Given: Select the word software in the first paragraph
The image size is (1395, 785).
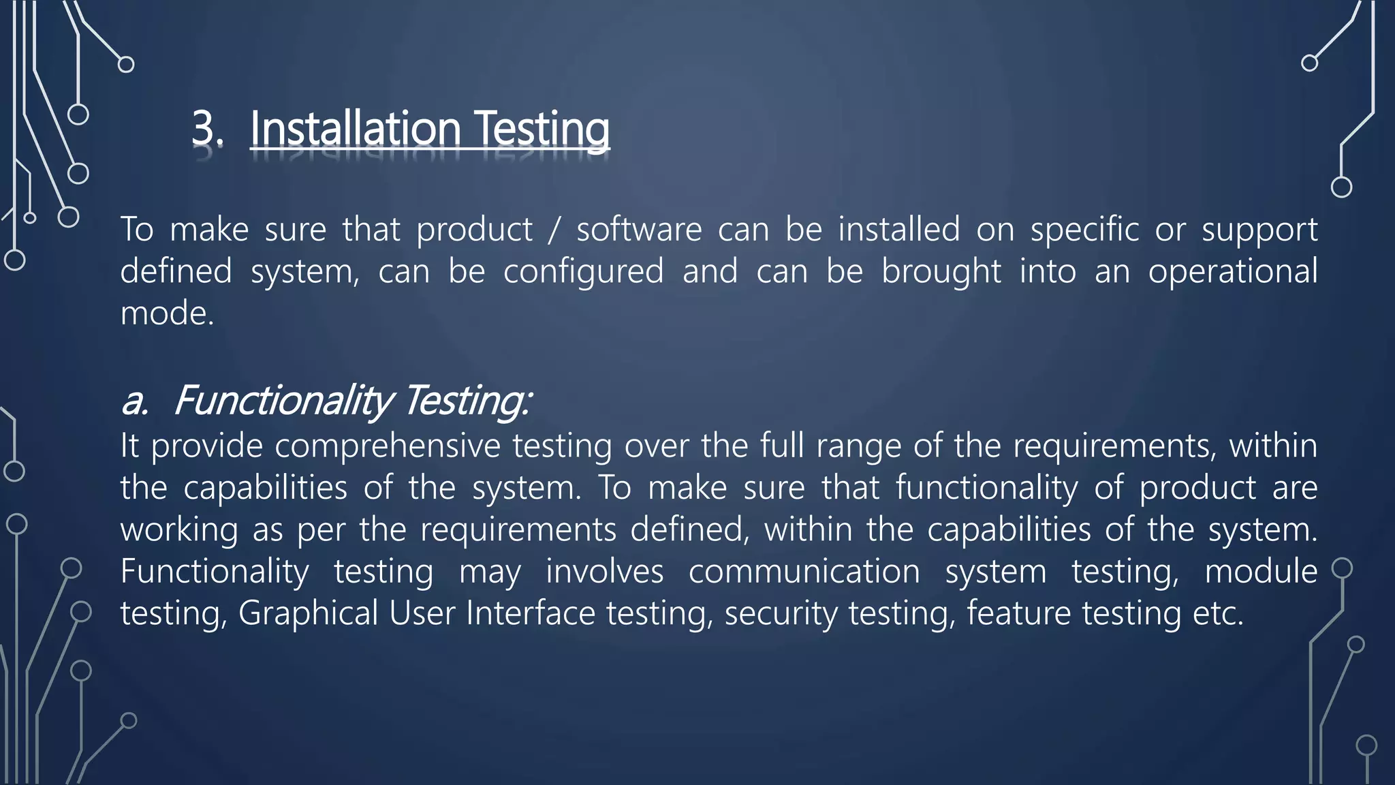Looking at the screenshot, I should [639, 230].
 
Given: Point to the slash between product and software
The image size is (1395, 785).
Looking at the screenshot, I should [554, 230].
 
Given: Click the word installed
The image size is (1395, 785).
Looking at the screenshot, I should [898, 230].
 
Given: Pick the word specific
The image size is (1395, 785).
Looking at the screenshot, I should [1084, 230].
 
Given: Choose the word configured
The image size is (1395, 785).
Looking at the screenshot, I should [583, 272].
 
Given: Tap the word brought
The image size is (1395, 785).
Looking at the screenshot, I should [941, 272].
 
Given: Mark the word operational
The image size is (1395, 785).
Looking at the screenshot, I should [1232, 272].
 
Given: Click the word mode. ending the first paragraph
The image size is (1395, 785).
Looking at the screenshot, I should [167, 313].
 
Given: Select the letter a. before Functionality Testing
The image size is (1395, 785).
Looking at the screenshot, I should [135, 401].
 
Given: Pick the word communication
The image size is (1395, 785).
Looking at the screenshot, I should [804, 572].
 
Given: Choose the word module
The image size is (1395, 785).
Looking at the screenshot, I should [1261, 572].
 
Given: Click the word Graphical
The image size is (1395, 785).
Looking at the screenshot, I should [308, 613].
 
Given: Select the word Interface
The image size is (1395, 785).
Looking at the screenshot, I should [531, 613].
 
